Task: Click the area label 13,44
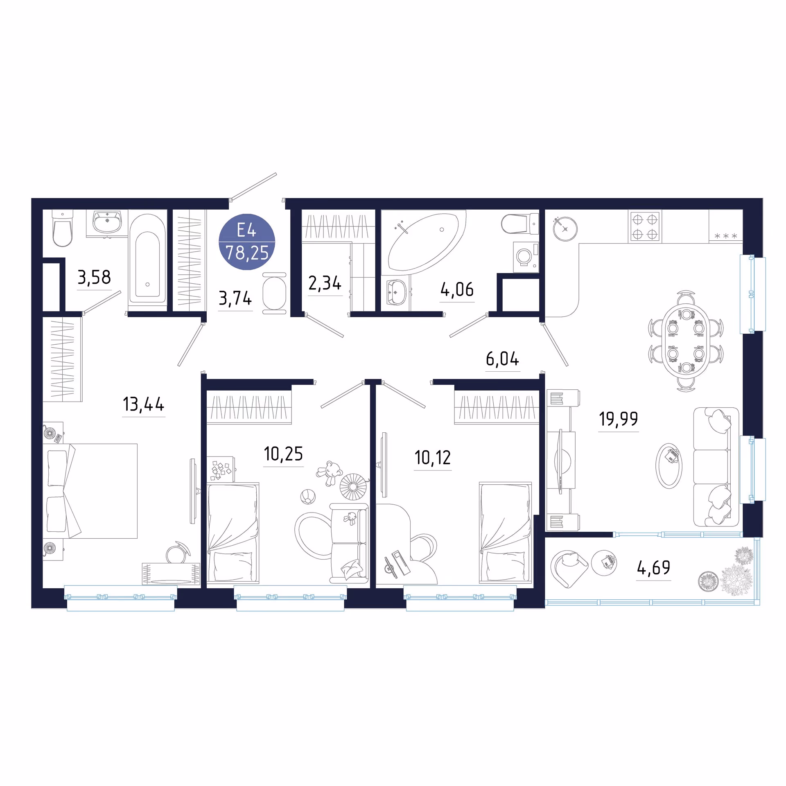144,404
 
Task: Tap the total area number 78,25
247,253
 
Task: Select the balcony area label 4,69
654,567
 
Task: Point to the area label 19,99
619,419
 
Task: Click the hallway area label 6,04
502,359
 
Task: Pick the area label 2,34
325,283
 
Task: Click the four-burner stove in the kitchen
645,226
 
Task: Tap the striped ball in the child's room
308,497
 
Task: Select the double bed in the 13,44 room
90,491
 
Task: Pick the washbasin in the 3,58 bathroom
107,223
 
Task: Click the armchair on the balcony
569,569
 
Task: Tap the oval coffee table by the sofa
669,466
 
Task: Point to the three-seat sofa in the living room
716,467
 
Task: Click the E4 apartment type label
246,230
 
